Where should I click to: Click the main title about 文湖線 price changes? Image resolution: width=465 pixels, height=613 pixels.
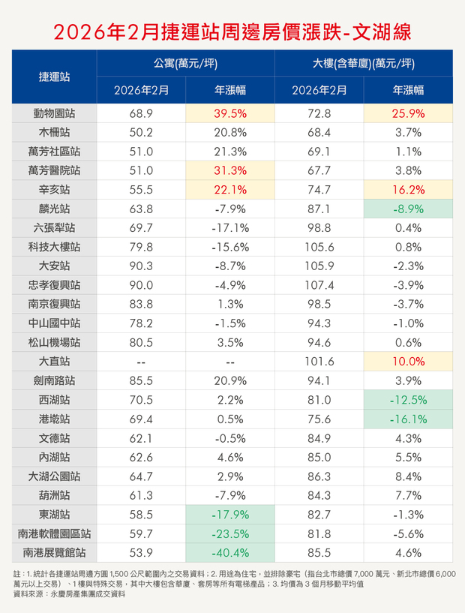[x=232, y=32]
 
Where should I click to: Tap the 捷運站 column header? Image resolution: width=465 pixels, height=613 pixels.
[x=55, y=77]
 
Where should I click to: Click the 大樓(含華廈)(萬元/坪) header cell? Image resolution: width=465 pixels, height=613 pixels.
[x=364, y=64]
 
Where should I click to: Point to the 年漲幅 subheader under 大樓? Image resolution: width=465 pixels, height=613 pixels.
[x=408, y=90]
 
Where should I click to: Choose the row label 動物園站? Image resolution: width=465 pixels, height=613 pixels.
[x=55, y=114]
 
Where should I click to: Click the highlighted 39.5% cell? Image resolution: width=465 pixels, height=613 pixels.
[x=230, y=114]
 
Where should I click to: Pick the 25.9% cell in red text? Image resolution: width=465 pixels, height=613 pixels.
[x=408, y=114]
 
